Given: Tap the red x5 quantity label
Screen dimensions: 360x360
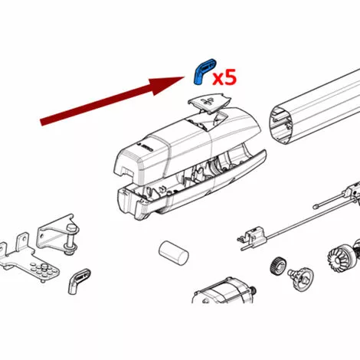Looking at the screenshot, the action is pos(224,77).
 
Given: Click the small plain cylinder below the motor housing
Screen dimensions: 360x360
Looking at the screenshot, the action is pos(174,253).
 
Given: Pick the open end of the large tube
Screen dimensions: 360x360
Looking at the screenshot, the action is pos(282,125).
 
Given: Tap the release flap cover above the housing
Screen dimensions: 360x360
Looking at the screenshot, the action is pos(209,103).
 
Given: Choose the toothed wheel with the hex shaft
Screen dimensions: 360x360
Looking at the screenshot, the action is pos(301,278).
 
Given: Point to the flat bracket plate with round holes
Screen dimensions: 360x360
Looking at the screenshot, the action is pos(28,260).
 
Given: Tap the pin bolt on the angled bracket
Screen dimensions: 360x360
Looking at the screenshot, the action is pos(71,238).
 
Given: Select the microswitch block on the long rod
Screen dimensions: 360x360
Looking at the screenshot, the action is pos(253,236).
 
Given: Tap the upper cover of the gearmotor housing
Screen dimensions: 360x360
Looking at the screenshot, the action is pos(184,146).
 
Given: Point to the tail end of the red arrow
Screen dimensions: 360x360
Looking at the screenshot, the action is pos(41,122).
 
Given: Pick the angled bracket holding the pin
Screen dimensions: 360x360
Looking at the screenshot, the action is pos(55,233).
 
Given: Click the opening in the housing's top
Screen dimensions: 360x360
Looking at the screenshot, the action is pos(206,122).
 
